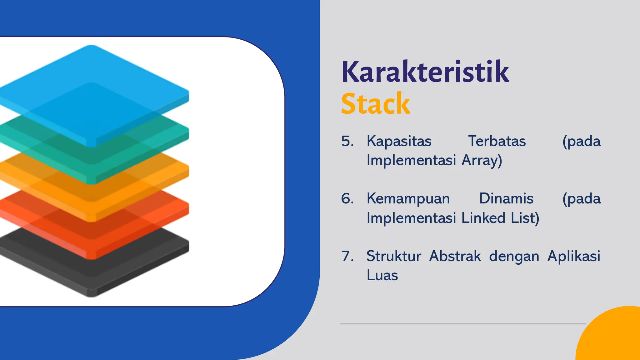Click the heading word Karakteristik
click(x=425, y=72)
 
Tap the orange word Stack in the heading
click(x=375, y=104)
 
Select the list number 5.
click(x=347, y=141)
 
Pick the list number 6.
click(x=347, y=199)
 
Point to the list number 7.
click(x=347, y=256)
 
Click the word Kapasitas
click(x=399, y=141)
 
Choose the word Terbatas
click(x=497, y=141)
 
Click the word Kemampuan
click(x=408, y=199)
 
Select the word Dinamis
click(x=506, y=199)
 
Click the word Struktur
click(x=394, y=256)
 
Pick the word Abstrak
click(x=455, y=256)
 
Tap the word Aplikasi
click(x=574, y=256)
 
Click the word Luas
click(x=382, y=276)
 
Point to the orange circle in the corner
click(x=612, y=337)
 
